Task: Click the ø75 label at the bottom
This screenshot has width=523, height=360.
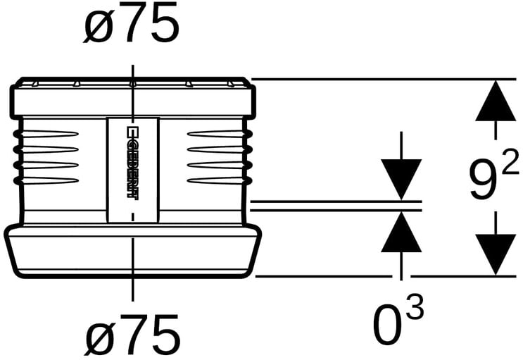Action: coord(132,335)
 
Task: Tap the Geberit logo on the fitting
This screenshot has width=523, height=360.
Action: coord(132,163)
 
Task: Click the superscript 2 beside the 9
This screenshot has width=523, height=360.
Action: coord(510,163)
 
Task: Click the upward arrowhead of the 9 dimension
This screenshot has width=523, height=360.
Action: coord(496,100)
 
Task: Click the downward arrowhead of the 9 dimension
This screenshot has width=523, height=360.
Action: coord(496,254)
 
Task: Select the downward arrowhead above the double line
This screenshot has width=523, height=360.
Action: coord(401,180)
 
